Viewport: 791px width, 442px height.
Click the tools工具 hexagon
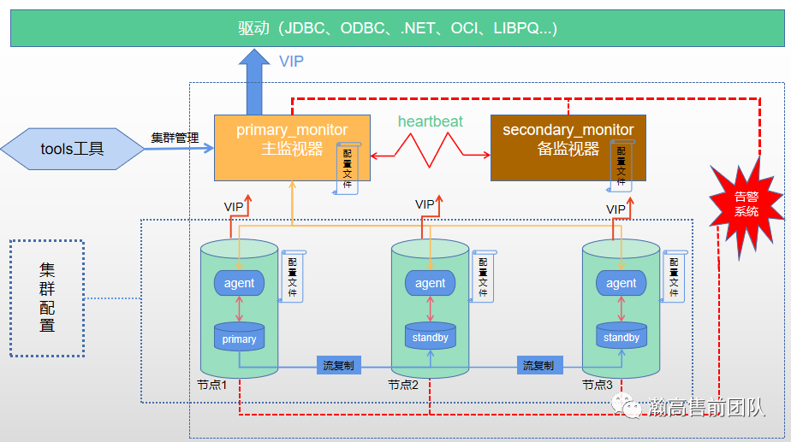click(73, 149)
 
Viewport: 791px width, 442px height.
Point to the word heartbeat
click(431, 121)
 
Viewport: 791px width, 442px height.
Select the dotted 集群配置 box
click(47, 298)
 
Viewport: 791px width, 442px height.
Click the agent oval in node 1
click(239, 283)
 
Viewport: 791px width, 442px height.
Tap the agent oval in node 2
click(430, 283)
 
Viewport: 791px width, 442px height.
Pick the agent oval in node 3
click(621, 283)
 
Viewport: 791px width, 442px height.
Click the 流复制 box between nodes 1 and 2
click(338, 365)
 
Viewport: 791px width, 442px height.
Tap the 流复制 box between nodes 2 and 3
click(538, 365)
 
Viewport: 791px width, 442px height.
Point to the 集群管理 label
click(175, 137)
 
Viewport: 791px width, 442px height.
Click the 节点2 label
click(403, 386)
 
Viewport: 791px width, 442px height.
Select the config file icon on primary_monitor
click(348, 168)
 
